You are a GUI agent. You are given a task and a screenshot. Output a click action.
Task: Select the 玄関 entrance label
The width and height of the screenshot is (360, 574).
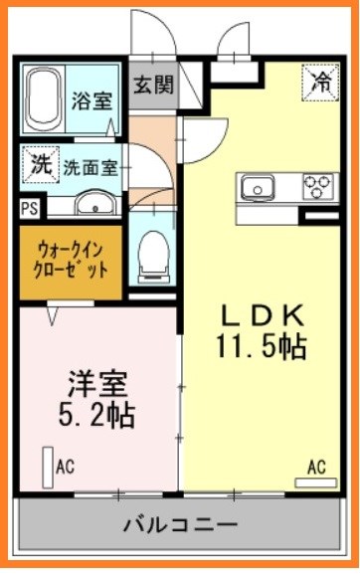point(154,85)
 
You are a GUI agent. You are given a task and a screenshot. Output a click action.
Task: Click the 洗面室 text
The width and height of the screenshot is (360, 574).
point(90,167)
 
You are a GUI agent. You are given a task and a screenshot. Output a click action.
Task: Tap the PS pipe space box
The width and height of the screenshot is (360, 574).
point(30,209)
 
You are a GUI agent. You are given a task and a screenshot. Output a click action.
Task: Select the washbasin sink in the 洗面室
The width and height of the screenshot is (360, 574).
point(93,205)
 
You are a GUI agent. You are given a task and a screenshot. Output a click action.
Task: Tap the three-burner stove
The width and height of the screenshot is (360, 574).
point(320,186)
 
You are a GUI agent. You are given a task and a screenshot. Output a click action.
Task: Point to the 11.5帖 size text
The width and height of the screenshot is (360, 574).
point(262,347)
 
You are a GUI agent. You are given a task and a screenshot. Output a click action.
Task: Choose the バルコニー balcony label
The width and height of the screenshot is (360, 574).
point(180,524)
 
